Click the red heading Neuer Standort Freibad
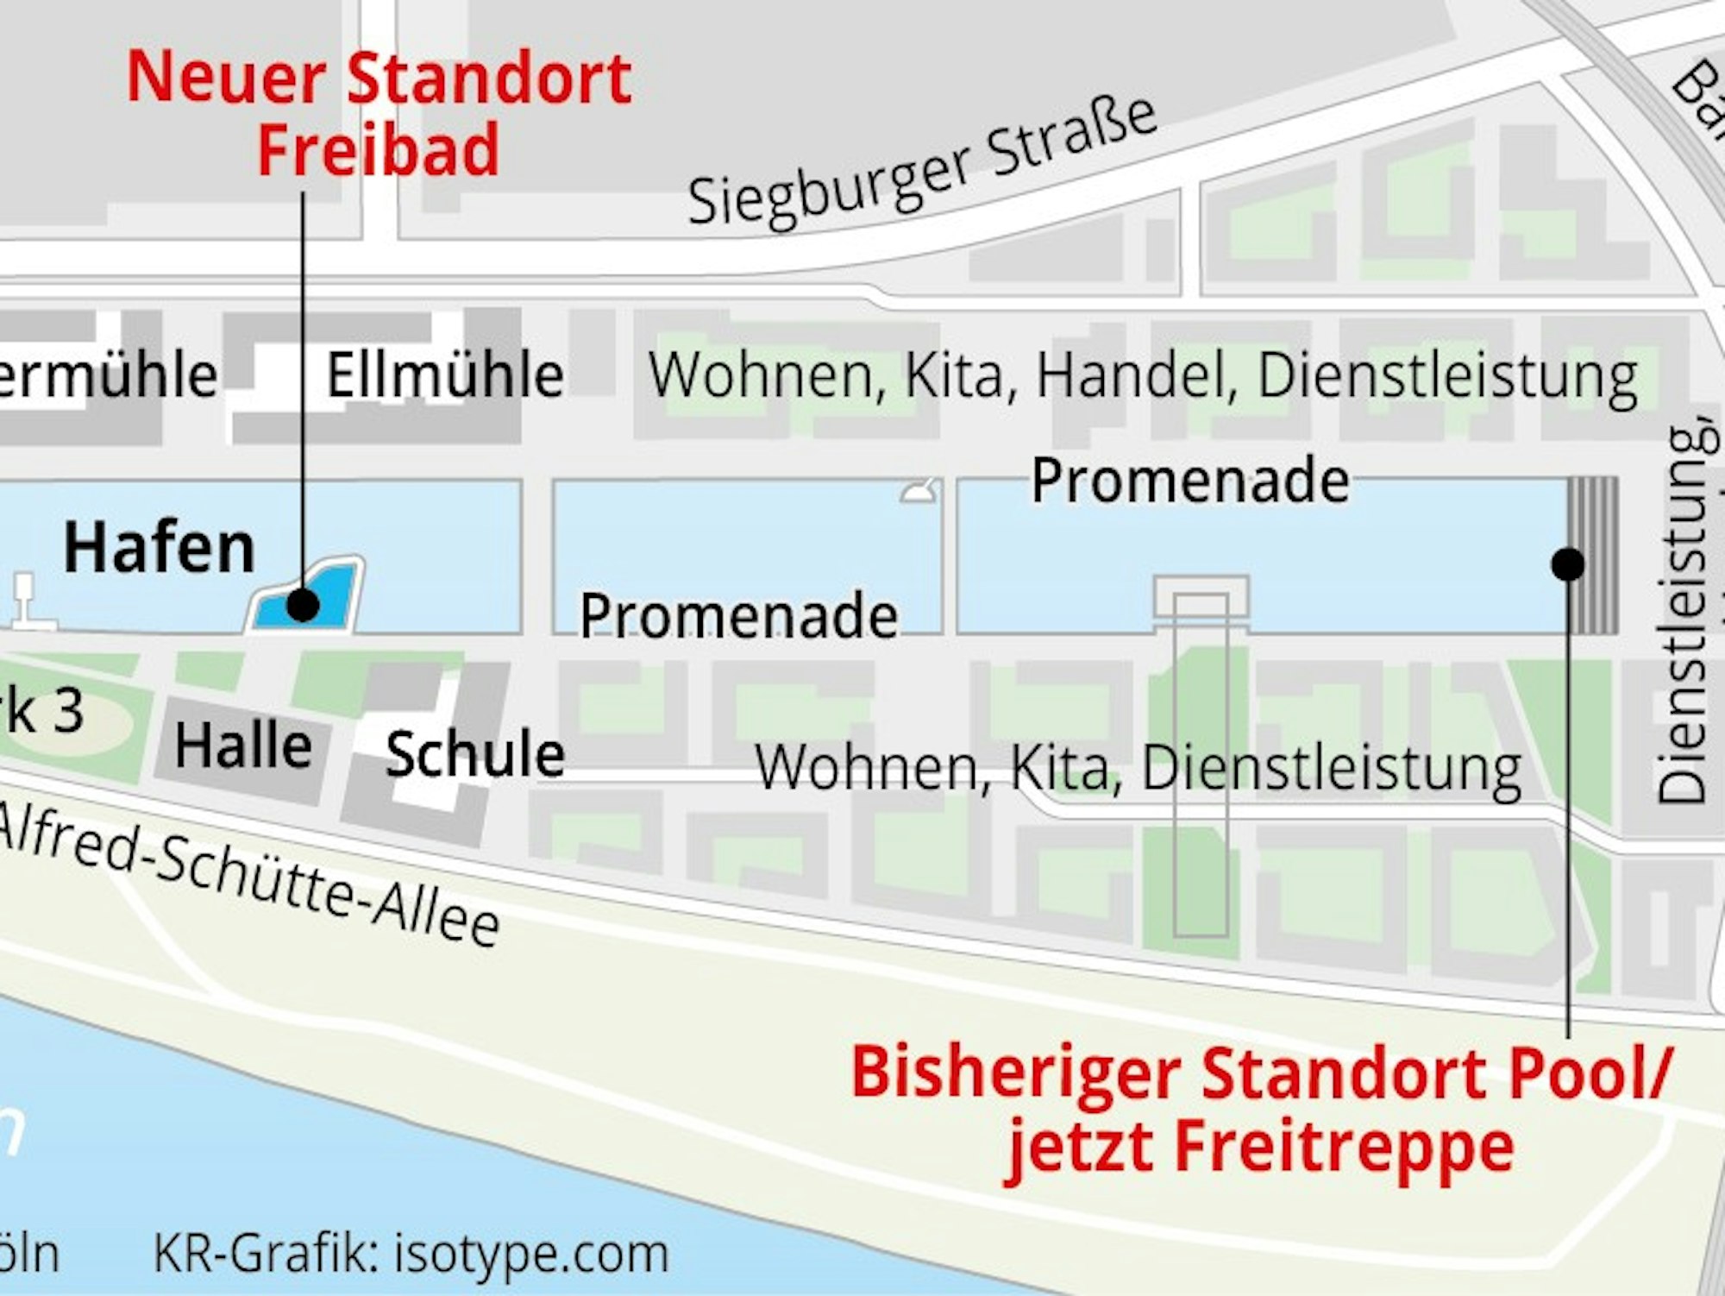(379, 112)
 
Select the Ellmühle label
(445, 375)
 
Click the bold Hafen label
(160, 549)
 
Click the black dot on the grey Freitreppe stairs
(1567, 564)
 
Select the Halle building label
(243, 746)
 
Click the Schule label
(474, 754)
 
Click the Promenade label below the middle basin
(738, 616)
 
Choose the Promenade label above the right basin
(1190, 481)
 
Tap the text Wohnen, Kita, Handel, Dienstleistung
(1143, 376)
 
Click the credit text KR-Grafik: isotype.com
(411, 1255)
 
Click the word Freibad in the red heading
(379, 149)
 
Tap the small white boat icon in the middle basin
(921, 492)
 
